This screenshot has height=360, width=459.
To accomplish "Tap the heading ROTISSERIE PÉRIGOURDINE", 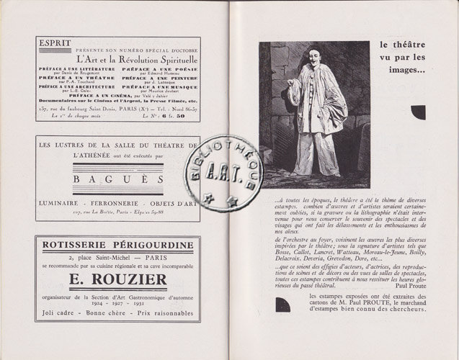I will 117,245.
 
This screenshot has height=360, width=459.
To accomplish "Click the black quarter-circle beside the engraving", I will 418,112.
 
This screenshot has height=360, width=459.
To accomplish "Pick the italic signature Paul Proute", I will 409,284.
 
